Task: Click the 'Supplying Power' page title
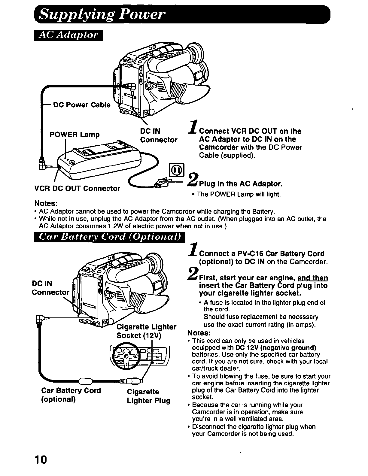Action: [102, 14]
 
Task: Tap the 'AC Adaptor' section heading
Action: [68, 35]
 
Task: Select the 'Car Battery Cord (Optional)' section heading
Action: [110, 237]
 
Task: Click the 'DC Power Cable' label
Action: [82, 105]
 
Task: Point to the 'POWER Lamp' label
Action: [75, 134]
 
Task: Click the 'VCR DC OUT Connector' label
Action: [77, 188]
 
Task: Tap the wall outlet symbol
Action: [177, 170]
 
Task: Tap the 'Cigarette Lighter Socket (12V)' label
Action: [146, 331]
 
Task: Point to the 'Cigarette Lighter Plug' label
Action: [148, 396]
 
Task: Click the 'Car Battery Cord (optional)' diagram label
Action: [71, 395]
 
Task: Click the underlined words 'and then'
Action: [313, 278]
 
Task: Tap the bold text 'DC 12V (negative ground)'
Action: [276, 348]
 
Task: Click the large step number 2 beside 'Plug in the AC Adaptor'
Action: [193, 179]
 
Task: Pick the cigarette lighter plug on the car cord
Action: [131, 381]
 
